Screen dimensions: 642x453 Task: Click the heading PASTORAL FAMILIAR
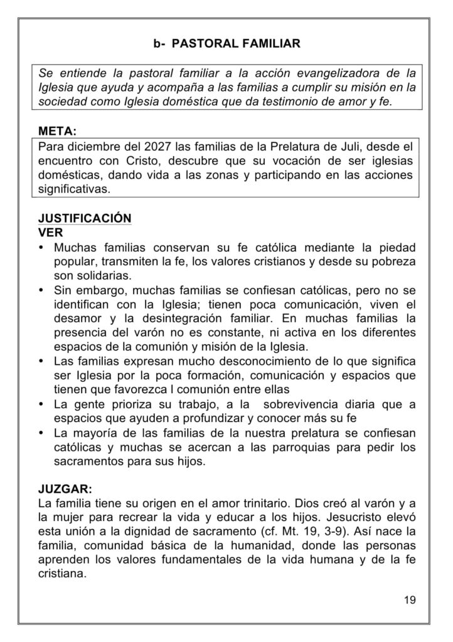235,44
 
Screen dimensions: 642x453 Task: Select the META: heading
58,133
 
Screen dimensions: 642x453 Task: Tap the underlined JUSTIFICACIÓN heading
84,218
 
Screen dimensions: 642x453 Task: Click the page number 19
410,600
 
